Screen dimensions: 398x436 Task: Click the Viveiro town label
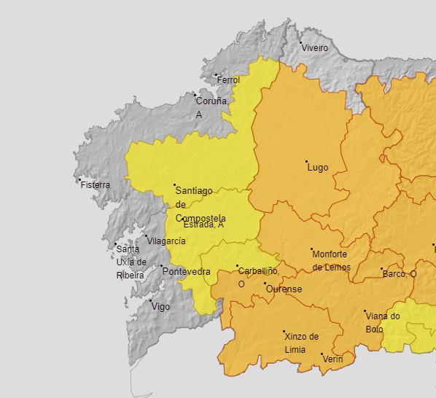pos(316,48)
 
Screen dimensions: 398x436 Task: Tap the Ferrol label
pos(228,79)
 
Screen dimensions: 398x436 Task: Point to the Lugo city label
pos(318,168)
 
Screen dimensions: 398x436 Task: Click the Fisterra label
pos(96,185)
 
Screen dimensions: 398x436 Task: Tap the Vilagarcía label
pos(166,241)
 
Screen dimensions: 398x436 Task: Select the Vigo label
pos(160,307)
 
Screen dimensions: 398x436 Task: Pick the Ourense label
pos(284,289)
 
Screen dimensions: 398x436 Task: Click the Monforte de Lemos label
pos(331,260)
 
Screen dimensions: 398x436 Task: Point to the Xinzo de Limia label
pos(302,343)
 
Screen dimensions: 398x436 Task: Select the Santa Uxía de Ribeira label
pos(131,262)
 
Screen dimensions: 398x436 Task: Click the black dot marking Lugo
pos(306,161)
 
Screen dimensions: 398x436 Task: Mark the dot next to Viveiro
pos(300,42)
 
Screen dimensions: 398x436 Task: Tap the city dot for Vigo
pos(150,300)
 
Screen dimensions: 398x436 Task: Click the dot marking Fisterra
pos(79,179)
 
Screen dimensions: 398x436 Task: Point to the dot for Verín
pos(322,354)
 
